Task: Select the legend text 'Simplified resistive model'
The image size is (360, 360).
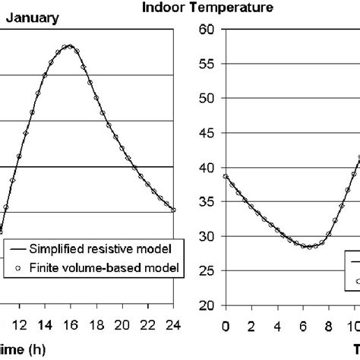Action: click(x=99, y=248)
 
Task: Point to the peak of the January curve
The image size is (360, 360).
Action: click(x=69, y=46)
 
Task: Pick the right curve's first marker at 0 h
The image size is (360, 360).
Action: click(x=225, y=176)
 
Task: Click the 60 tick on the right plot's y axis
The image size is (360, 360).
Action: click(x=205, y=30)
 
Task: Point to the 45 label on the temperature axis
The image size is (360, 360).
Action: click(x=205, y=133)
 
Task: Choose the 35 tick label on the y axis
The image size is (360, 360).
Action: click(x=205, y=202)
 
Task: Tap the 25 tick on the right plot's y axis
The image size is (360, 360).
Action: click(x=205, y=271)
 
